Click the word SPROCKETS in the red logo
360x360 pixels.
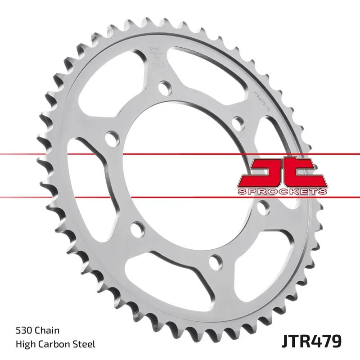(281, 192)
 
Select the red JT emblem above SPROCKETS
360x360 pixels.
(281, 173)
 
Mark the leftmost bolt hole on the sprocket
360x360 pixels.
(109, 137)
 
